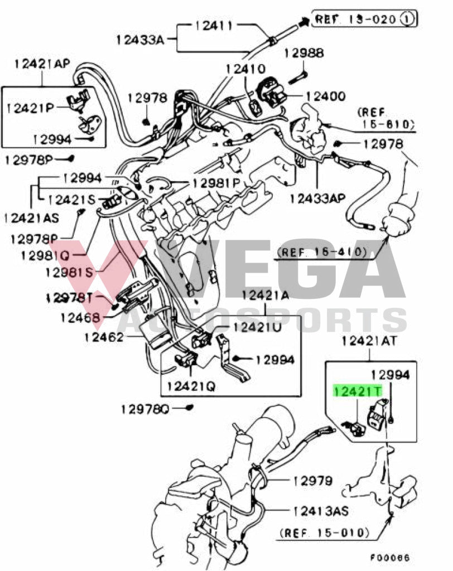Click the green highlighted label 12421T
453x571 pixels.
[358, 391]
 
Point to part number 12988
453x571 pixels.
[303, 54]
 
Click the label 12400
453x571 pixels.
[324, 96]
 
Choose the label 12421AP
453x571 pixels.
[42, 63]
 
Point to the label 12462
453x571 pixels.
[103, 337]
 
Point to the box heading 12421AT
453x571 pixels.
[369, 340]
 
